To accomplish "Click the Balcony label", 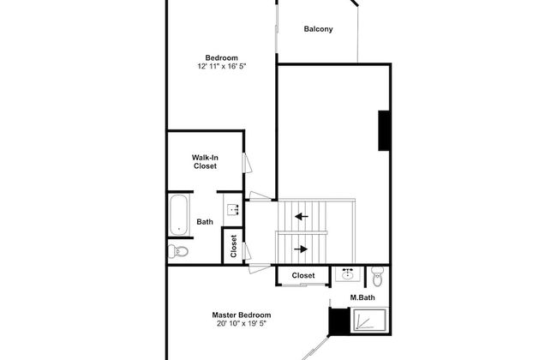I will [318, 29].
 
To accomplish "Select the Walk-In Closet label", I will [204, 161].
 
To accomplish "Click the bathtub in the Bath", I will [178, 214].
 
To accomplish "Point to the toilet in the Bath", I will [178, 251].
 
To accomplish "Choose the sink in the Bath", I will [232, 208].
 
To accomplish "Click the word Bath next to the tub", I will [205, 222].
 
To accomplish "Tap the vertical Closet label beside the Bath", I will [233, 246].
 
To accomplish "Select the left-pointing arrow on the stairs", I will [301, 217].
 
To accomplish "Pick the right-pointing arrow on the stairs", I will [301, 249].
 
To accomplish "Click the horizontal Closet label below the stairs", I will [303, 276].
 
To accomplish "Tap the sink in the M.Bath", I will [349, 275].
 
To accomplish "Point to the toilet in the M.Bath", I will [378, 276].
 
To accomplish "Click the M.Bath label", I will [361, 298].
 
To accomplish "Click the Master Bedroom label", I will [242, 315].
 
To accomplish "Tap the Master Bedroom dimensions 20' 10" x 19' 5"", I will [242, 324].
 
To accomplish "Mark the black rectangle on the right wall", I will [385, 130].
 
